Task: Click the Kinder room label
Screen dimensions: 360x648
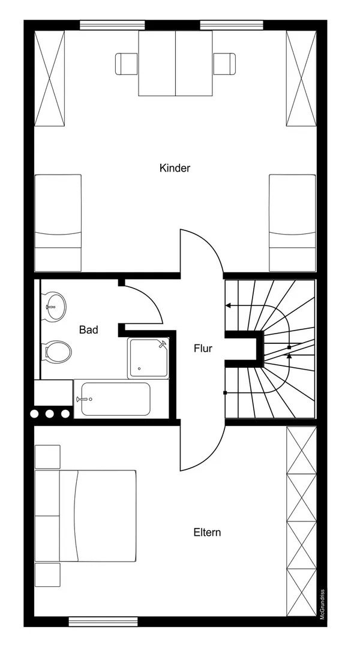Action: (175, 168)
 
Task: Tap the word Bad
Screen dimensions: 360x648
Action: (88, 330)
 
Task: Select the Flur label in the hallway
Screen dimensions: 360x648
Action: (203, 349)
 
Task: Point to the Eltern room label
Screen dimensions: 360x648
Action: (207, 532)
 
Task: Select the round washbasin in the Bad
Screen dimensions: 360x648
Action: (55, 307)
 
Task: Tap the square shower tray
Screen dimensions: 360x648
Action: (148, 358)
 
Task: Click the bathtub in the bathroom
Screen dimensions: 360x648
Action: (115, 399)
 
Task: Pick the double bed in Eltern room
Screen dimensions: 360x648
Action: (86, 516)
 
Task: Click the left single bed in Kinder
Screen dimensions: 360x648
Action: (58, 223)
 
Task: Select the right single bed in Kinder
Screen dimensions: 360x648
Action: (292, 223)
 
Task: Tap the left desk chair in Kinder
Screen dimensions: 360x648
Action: (127, 64)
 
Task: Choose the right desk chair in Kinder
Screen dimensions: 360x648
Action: (224, 64)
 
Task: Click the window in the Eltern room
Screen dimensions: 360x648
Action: (103, 621)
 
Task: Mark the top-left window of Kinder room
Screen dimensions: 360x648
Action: (112, 25)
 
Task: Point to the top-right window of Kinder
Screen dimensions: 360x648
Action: (232, 25)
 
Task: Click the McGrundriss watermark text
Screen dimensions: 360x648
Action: (322, 604)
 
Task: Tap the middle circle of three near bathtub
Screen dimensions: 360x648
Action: (50, 413)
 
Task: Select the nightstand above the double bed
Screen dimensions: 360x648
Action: (47, 457)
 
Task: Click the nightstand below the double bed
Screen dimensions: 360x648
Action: (47, 574)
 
